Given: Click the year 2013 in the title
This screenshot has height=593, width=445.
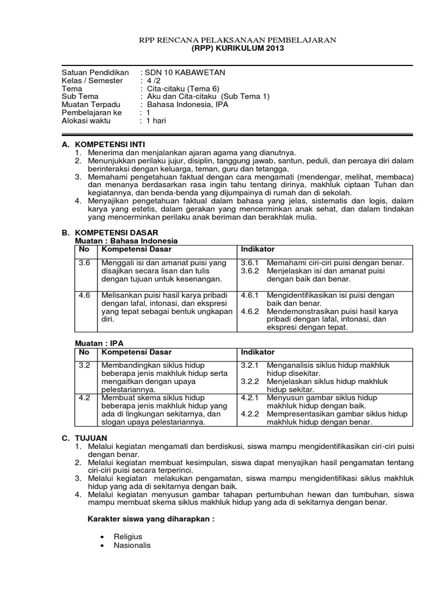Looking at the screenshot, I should (274, 48).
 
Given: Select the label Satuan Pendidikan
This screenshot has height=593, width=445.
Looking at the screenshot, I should (95, 72).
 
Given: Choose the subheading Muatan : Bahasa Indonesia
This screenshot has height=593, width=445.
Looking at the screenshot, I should (127, 240).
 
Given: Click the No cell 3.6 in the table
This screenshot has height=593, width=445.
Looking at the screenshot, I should (85, 263).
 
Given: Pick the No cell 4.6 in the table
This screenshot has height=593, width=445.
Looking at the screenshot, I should (85, 295).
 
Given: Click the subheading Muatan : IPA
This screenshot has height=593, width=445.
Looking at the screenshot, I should (100, 343).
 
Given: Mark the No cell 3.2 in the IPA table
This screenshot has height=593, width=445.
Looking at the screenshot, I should (85, 365).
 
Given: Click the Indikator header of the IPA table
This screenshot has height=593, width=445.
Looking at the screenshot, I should (258, 352).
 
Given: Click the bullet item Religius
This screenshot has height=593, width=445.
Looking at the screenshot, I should (128, 537).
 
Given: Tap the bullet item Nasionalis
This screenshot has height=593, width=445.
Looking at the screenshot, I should (132, 545).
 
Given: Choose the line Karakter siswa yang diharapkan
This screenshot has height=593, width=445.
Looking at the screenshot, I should (151, 519).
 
